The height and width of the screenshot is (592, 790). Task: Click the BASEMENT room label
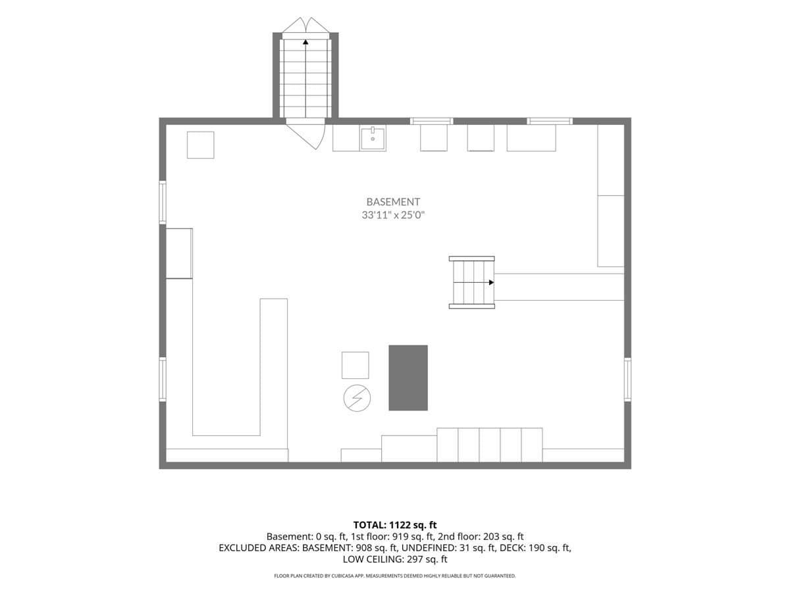[x=393, y=202]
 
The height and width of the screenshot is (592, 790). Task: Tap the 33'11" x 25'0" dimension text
[x=393, y=215]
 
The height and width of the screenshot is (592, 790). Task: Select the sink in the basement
[x=373, y=138]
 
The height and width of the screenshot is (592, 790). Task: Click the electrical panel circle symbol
[x=357, y=398]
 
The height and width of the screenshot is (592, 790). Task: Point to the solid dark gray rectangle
[x=408, y=378]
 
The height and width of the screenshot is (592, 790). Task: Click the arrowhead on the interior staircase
[x=491, y=283]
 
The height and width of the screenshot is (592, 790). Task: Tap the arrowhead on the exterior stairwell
[x=305, y=42]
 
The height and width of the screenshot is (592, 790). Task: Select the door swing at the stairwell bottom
[x=306, y=136]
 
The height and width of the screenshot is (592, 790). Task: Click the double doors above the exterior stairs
[x=305, y=25]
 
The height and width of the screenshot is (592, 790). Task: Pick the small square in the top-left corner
[x=201, y=145]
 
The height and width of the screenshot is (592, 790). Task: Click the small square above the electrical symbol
[x=355, y=365]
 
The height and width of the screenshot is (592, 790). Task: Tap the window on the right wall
[x=627, y=380]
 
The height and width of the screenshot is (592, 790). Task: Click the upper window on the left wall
[x=163, y=203]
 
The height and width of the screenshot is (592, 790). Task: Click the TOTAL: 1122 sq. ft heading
[x=395, y=525]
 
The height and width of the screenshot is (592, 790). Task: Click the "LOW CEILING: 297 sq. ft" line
[x=395, y=559]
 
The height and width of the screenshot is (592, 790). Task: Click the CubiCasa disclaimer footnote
[x=395, y=576]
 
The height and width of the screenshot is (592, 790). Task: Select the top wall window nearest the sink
[x=431, y=121]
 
